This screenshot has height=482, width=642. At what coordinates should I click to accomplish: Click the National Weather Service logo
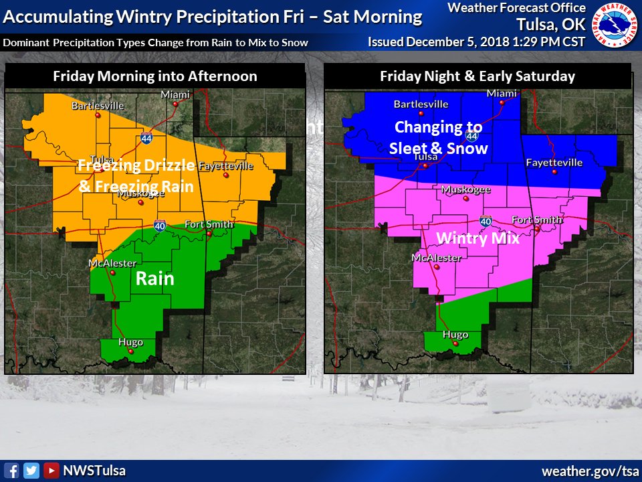[616, 24]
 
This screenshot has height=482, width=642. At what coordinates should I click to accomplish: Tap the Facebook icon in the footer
[11, 470]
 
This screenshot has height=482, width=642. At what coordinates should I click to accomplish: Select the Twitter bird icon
[31, 470]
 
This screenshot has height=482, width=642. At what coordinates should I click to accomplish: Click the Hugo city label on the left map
[130, 342]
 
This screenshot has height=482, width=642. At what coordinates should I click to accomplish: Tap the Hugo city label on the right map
[455, 335]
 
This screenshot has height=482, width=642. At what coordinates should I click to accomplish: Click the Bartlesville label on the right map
[421, 104]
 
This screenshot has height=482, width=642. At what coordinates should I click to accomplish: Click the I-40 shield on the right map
[486, 221]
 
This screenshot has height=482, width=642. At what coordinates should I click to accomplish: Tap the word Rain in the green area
[155, 278]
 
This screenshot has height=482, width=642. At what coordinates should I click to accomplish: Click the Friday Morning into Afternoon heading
[154, 76]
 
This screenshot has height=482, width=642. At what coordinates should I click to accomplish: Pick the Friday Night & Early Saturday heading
[477, 76]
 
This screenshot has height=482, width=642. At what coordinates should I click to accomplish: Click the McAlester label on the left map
[112, 263]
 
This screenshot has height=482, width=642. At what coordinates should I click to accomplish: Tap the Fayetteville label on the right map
[554, 163]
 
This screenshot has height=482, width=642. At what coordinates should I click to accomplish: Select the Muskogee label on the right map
[466, 189]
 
